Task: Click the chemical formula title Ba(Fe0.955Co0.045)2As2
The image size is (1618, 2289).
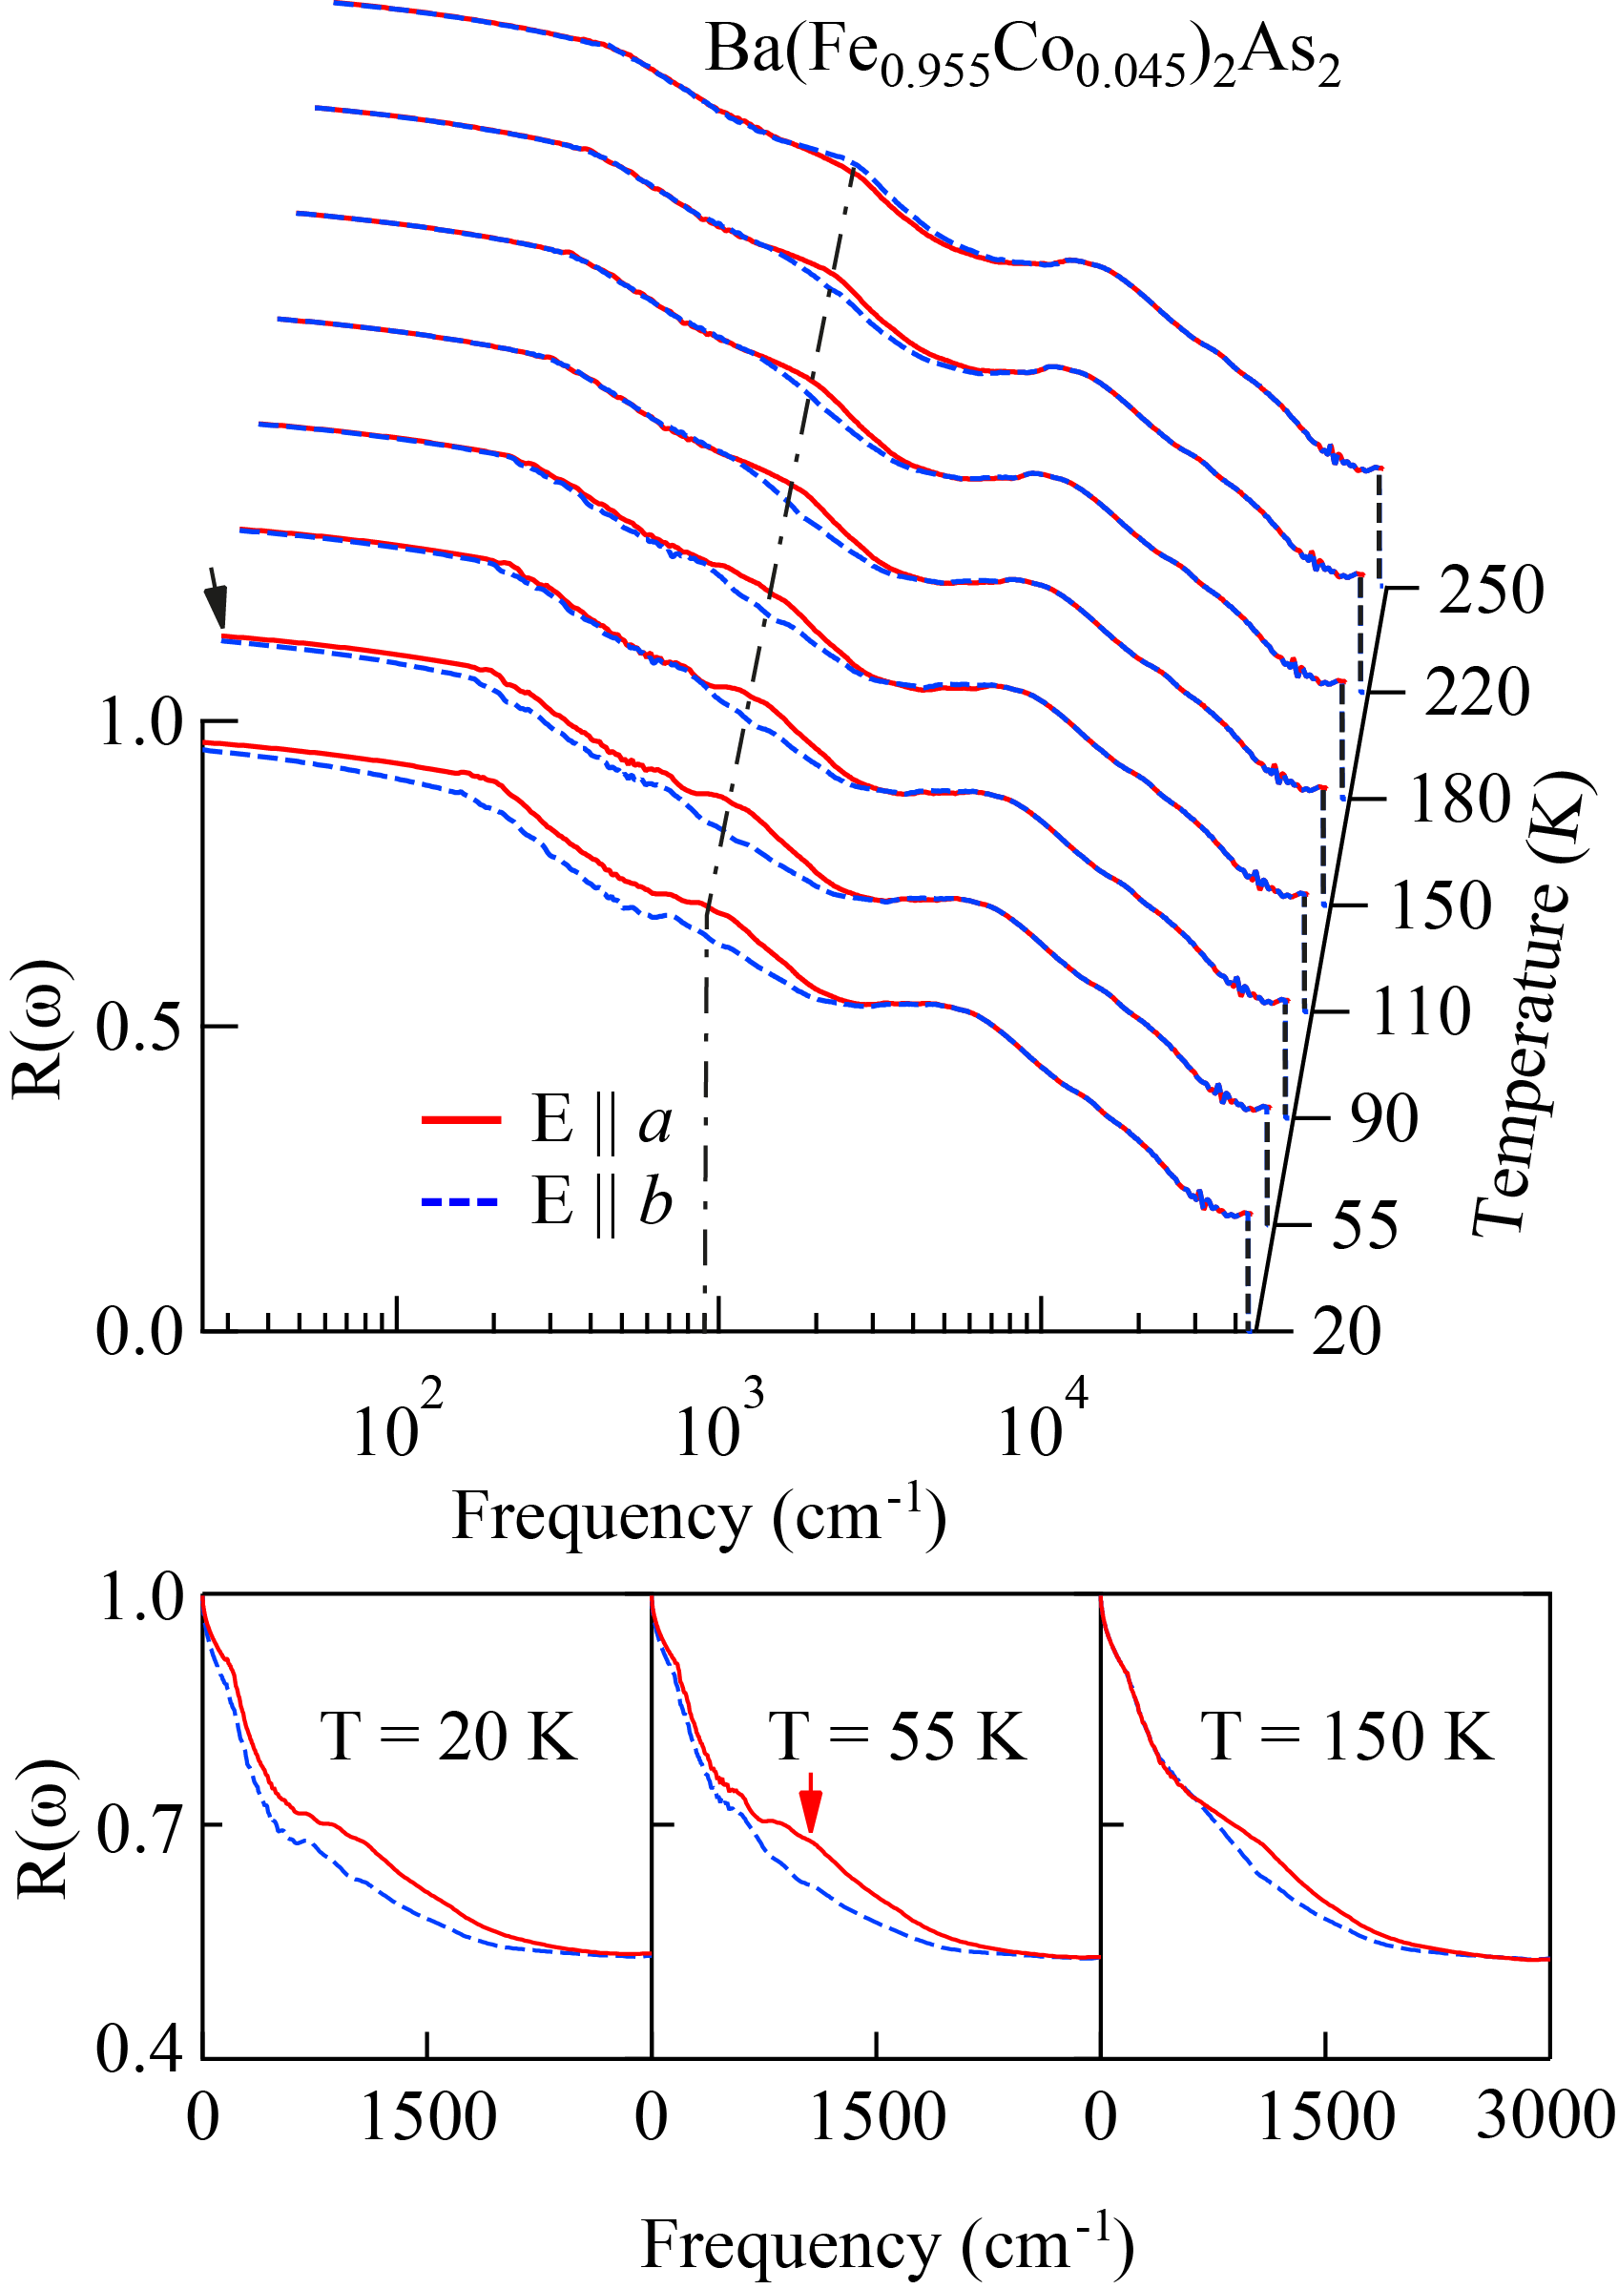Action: coord(1022,54)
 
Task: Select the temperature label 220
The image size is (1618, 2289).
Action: coord(1476,692)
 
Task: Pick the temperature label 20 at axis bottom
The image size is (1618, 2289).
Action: coord(1346,1331)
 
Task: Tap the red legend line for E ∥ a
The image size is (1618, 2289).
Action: coord(461,1119)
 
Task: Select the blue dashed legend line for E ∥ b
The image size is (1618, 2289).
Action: coord(461,1201)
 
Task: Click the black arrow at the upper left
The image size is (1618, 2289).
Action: coord(215,597)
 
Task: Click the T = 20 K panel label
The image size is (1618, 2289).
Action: coord(448,1737)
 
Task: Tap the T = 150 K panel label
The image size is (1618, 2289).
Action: coord(1346,1737)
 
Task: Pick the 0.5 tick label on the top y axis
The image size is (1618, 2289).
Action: coord(139,1027)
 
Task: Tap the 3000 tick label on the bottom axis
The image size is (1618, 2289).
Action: coord(1545,2115)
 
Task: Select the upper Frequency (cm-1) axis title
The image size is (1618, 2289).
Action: coord(697,1517)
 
